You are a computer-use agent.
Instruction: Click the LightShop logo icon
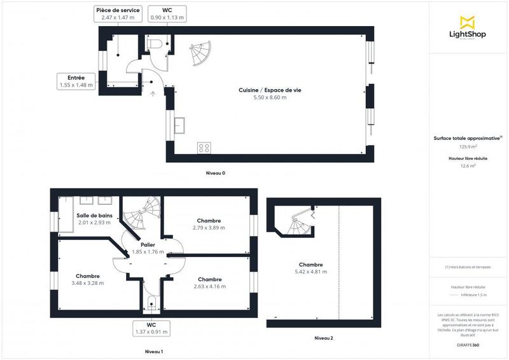click(x=467, y=22)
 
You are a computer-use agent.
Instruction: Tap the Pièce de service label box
click(x=118, y=14)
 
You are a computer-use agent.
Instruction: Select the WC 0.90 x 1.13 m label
click(x=167, y=14)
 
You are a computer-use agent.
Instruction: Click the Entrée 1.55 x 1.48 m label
click(x=76, y=81)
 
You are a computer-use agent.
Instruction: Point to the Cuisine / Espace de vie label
click(x=270, y=93)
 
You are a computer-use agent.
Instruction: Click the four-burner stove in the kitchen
click(x=204, y=148)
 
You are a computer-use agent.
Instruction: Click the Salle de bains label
click(x=95, y=219)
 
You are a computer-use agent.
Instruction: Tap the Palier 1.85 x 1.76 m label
click(x=148, y=248)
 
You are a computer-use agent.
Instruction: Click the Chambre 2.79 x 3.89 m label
click(x=209, y=224)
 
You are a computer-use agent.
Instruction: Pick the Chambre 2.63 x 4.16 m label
click(x=209, y=283)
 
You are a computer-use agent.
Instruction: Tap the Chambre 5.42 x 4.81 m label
click(x=310, y=268)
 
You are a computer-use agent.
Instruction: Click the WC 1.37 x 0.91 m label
click(x=151, y=328)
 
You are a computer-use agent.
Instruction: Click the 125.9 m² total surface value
click(x=468, y=146)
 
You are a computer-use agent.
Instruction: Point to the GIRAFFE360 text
click(x=468, y=343)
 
